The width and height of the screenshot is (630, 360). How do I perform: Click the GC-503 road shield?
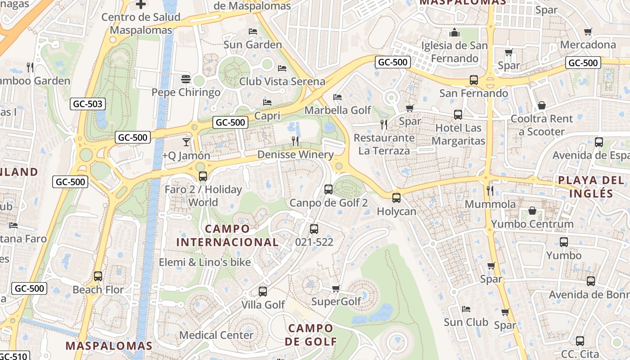[88, 104]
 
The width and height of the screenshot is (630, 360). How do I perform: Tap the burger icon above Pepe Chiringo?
[186, 79]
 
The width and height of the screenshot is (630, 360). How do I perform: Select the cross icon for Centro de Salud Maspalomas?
[141, 4]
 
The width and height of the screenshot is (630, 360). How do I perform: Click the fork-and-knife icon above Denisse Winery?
[295, 141]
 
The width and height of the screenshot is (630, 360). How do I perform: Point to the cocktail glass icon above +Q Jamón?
[186, 142]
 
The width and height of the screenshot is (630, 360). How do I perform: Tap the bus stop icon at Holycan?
[396, 198]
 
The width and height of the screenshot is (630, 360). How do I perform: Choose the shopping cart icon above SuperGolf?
[336, 288]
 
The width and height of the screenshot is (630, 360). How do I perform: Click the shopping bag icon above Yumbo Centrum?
[532, 211]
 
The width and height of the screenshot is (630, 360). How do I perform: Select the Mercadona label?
[588, 45]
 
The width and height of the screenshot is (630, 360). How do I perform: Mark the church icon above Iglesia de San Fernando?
[454, 32]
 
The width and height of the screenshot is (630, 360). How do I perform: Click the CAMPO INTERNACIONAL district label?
[227, 235]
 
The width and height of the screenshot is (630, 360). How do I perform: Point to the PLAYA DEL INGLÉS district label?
[591, 187]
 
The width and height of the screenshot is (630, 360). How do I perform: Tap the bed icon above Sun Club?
[466, 309]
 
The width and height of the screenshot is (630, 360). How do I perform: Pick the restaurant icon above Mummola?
[490, 191]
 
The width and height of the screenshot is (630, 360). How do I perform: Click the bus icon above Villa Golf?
[263, 292]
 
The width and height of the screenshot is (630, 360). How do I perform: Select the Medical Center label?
[216, 335]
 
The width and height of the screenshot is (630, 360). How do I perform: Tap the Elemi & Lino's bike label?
[205, 262]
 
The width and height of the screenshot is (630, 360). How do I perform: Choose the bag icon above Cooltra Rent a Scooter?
[542, 105]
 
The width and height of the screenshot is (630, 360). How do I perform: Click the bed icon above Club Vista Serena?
[282, 68]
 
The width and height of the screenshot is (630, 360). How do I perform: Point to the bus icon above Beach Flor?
[98, 276]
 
